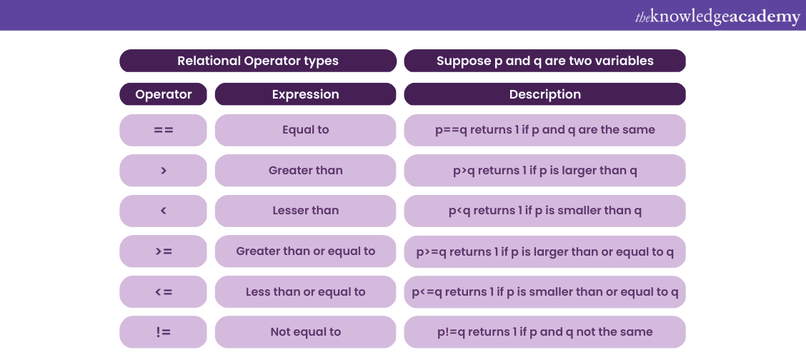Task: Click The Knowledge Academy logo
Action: (x=717, y=16)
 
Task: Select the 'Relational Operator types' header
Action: (x=258, y=61)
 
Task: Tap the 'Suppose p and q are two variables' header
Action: (x=544, y=61)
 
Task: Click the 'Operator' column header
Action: (x=164, y=94)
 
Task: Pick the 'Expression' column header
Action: (x=305, y=94)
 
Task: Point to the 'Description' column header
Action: (x=544, y=94)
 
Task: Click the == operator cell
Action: (x=164, y=130)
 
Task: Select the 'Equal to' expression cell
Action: (x=305, y=130)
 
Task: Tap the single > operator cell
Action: (x=164, y=171)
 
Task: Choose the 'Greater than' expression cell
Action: (x=305, y=171)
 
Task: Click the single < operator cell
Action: (x=164, y=211)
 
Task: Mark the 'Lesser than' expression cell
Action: (x=305, y=211)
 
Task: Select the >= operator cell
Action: (x=164, y=251)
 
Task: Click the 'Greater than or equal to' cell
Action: (x=305, y=251)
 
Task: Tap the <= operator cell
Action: (x=164, y=291)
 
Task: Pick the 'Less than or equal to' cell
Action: (x=305, y=291)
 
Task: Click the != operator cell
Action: (x=164, y=331)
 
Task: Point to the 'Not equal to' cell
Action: (x=305, y=331)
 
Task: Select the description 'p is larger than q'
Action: (x=544, y=171)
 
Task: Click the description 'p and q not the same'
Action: (x=544, y=331)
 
